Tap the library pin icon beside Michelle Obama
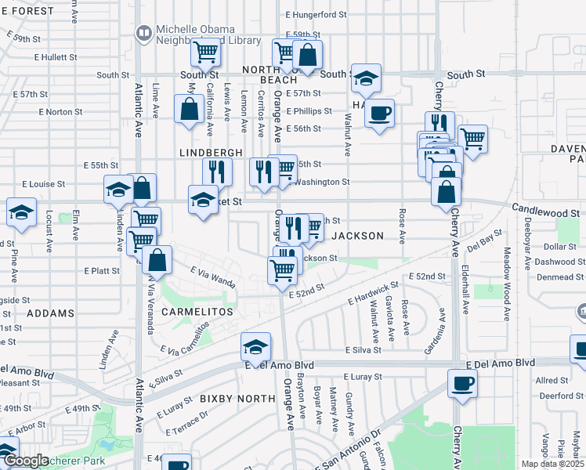pyautogui.click(x=143, y=33)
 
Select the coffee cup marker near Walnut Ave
pyautogui.click(x=380, y=114)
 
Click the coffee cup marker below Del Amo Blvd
pyautogui.click(x=461, y=384)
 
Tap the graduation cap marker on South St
pyautogui.click(x=366, y=78)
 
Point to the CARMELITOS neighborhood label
pyautogui.click(x=197, y=312)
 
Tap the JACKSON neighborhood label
pyautogui.click(x=358, y=236)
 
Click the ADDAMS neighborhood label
pyautogui.click(x=50, y=313)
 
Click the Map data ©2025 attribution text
pyautogui.click(x=553, y=464)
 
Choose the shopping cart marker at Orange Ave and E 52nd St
pyautogui.click(x=282, y=270)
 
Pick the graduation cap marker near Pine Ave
pyautogui.click(x=21, y=211)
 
